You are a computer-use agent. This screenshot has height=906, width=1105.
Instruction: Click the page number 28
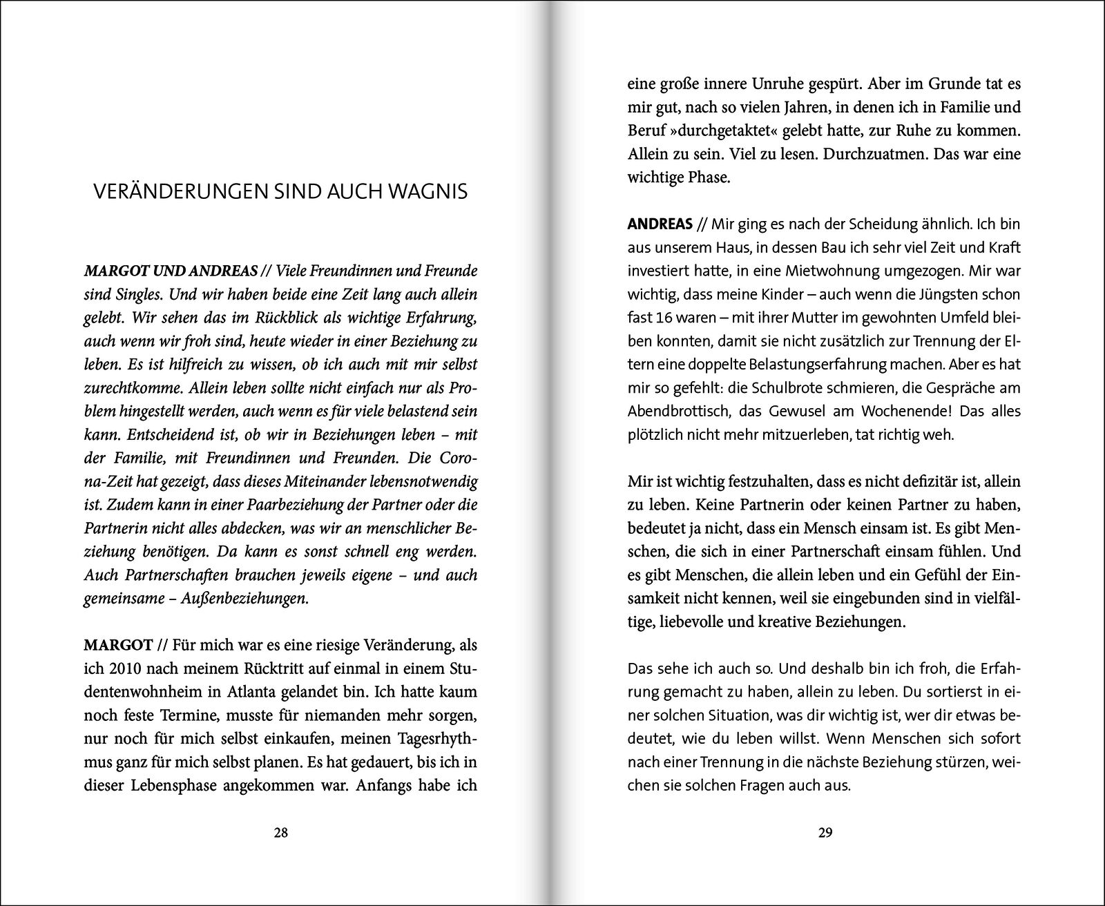tap(280, 832)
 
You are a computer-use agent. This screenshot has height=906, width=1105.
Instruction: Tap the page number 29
tap(825, 832)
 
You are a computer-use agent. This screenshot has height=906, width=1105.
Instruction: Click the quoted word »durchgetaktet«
tap(725, 131)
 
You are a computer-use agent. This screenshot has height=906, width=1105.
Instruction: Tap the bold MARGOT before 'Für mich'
tap(118, 645)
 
